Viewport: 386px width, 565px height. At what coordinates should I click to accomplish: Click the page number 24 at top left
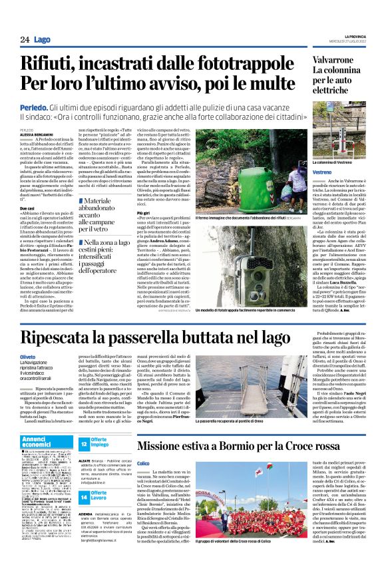[24, 40]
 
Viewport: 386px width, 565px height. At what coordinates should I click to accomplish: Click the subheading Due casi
[27, 208]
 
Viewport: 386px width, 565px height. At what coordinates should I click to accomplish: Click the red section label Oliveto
[27, 357]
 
